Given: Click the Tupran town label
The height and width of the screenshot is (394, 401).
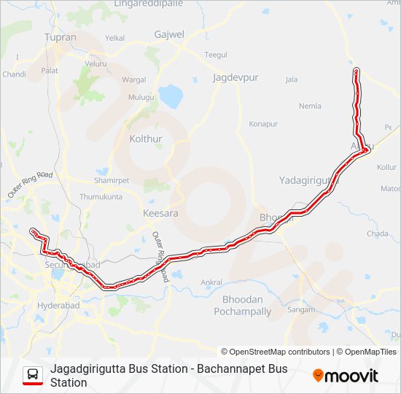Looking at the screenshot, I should (x=60, y=36).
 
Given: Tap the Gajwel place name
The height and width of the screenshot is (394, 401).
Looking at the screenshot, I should (x=169, y=34).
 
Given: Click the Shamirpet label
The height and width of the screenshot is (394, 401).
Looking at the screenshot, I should (x=112, y=180).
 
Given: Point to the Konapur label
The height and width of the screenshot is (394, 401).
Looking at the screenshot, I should (x=263, y=124).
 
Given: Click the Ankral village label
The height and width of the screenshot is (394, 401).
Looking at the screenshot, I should (x=211, y=282).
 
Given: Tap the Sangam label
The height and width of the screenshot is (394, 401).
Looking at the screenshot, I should (x=300, y=309).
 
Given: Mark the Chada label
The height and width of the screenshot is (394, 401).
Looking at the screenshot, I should (x=378, y=233).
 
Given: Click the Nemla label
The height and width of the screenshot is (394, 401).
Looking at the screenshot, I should (x=310, y=106).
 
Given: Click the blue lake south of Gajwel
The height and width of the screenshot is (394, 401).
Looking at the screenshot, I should (x=171, y=95).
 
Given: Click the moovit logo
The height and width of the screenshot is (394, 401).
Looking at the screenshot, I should (x=346, y=376).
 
